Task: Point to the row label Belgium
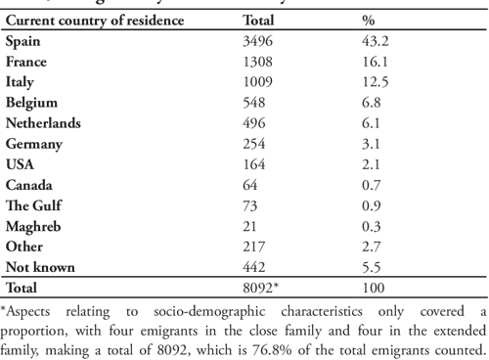(32, 103)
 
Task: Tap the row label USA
(20, 163)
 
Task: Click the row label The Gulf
(33, 204)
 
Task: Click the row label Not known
(39, 265)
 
